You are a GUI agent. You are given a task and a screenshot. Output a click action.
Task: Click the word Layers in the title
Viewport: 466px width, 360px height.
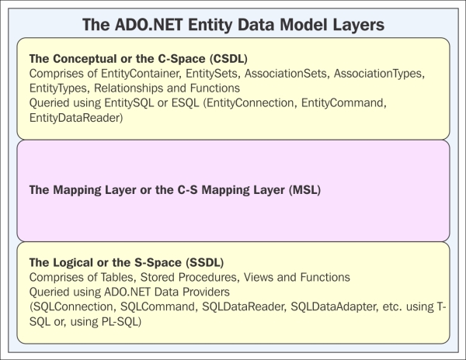coord(358,25)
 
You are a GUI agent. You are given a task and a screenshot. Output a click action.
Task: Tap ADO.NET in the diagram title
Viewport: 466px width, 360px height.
coord(148,25)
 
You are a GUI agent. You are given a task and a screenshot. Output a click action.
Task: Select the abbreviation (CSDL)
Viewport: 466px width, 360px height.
coord(228,59)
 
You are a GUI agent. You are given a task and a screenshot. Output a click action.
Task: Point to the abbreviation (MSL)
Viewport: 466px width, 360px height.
coord(304,189)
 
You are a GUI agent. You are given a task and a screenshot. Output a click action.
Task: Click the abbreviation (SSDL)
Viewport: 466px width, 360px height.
coord(205,262)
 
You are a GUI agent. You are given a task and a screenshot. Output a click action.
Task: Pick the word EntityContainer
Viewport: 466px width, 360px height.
coord(141,74)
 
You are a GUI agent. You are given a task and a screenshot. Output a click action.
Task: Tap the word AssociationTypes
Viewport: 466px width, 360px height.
coord(379,74)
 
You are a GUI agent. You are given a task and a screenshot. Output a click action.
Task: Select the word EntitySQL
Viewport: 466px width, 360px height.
coord(129,103)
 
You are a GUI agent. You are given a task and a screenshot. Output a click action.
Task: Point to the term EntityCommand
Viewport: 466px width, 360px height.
coord(344,103)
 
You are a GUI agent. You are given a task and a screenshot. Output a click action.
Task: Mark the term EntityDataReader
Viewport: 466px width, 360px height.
coord(76,118)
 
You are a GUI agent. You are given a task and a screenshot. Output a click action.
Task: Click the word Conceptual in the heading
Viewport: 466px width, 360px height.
coord(82,59)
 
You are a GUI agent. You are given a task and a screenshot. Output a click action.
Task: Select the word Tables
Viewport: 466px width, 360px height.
coord(117,277)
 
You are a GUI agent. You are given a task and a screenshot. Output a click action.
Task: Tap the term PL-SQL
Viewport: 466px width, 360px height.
coord(122,321)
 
